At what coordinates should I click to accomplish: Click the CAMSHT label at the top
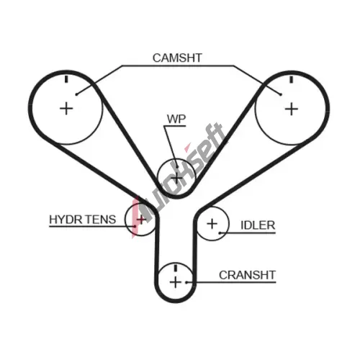point(177,58)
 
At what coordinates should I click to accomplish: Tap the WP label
point(176,119)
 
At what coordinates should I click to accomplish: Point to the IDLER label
point(258,225)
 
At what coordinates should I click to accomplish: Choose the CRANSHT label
point(247,275)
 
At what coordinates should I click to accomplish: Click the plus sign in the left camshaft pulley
point(66,109)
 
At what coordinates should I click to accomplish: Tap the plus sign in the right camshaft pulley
point(292,109)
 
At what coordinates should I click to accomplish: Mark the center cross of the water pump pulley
point(176,179)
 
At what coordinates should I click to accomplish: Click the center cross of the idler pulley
point(212,224)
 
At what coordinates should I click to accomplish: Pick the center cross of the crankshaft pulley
point(176,282)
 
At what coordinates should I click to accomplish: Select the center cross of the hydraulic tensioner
point(141,219)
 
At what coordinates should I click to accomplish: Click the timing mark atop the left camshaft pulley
point(66,79)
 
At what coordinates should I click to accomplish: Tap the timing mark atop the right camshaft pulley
point(292,79)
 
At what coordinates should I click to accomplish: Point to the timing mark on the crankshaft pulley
point(176,268)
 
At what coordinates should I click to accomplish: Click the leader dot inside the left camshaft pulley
point(76,94)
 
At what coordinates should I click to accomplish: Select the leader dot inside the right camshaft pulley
point(281,94)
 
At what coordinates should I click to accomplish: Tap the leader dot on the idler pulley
point(220,233)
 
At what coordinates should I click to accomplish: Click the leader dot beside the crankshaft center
point(186,282)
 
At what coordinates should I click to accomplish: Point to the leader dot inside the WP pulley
point(177,167)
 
